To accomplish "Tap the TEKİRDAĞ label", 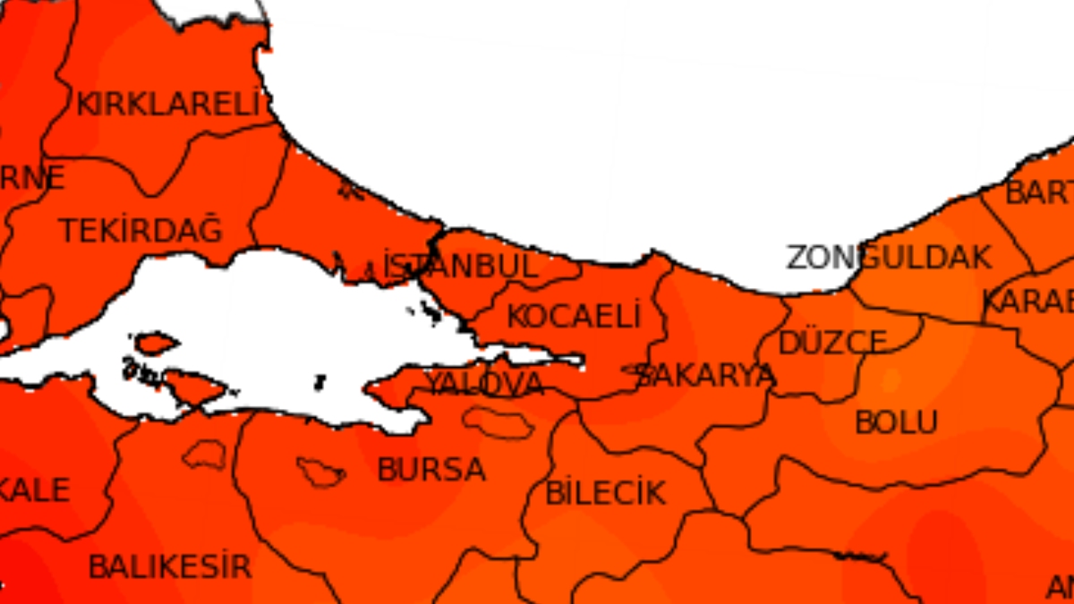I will coord(141,231).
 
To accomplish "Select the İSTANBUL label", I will coord(461,266).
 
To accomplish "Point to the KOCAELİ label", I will coord(575,316).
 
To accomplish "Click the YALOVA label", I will coord(484,384).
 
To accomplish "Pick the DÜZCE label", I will coord(832,343).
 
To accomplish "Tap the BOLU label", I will coord(897,421).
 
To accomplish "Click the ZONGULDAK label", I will coord(890,258).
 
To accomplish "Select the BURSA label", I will coord(431,470).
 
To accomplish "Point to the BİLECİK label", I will coord(606,493).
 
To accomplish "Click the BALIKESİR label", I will coord(170,566).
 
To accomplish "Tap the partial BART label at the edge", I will coord(1040,191).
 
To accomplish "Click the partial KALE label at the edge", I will coord(36,489).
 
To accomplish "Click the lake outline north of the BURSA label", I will coord(320,472).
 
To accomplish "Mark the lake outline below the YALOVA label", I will coord(498,422).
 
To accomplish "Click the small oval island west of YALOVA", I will coord(156,343).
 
